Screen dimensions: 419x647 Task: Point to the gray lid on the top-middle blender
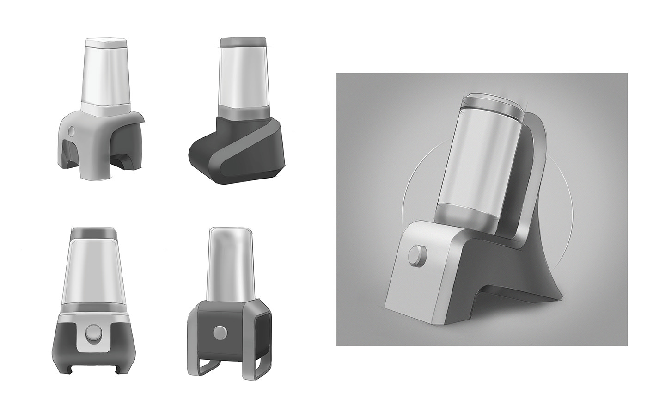click(243, 42)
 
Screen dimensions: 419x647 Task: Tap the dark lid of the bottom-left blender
click(93, 233)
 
